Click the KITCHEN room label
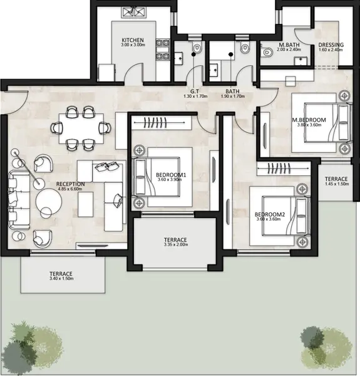[133, 40]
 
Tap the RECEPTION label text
[70, 184]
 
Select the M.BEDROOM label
[309, 120]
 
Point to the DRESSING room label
[331, 45]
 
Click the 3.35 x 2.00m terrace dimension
[175, 244]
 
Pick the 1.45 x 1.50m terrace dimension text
[337, 184]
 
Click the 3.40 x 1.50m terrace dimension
[61, 278]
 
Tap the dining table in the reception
[81, 128]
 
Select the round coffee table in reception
[49, 201]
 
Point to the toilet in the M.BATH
[267, 52]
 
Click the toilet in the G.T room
[197, 48]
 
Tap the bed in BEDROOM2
[286, 216]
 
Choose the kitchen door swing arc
[134, 72]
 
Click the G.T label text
[195, 91]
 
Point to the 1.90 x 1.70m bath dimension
[232, 97]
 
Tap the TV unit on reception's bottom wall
[93, 246]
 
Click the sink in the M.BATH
[301, 61]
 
